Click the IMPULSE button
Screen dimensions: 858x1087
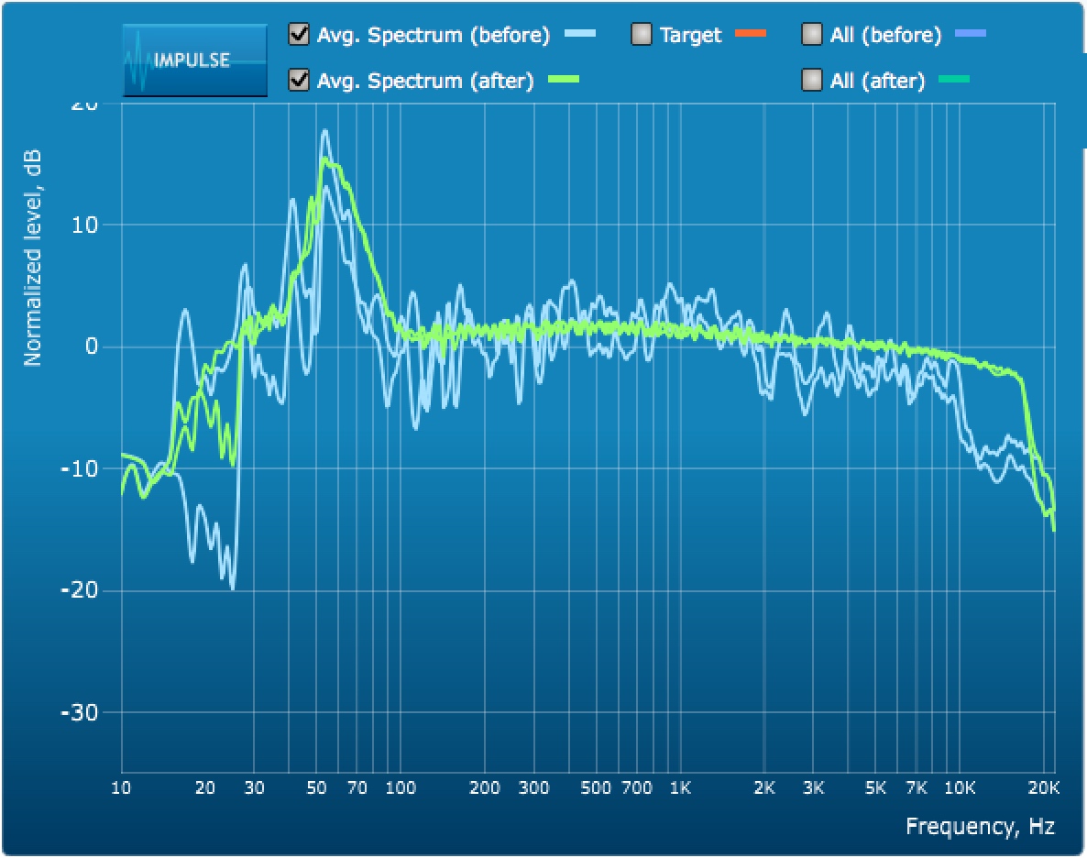click(x=194, y=60)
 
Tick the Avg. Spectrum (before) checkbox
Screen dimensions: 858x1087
click(x=298, y=35)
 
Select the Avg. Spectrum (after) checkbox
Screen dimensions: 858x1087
click(x=298, y=81)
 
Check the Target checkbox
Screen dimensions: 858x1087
click(x=641, y=35)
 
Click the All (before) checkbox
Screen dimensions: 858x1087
click(x=811, y=35)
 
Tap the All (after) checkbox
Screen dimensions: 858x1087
click(x=811, y=81)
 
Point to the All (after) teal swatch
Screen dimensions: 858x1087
click(x=953, y=81)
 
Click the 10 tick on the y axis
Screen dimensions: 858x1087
click(x=88, y=225)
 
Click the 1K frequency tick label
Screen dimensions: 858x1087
click(x=679, y=787)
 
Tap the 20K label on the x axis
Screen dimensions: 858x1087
click(x=1044, y=787)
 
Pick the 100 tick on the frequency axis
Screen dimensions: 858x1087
click(x=401, y=787)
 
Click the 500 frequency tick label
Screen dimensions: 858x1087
click(x=595, y=787)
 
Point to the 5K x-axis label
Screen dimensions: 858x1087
click(x=875, y=787)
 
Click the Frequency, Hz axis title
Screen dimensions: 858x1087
click(x=980, y=826)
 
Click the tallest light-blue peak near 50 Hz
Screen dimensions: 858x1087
click(x=324, y=131)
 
